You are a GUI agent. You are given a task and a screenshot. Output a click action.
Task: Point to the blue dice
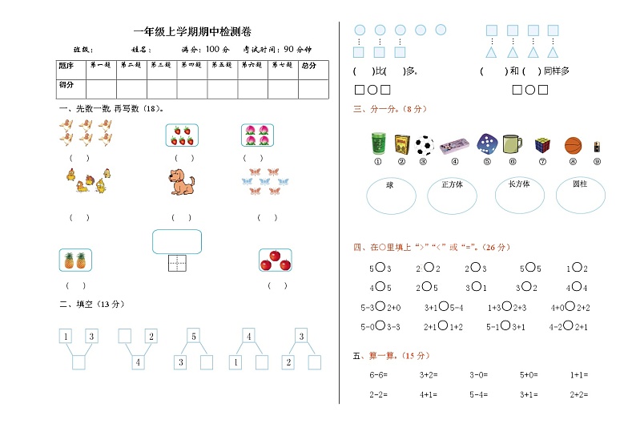(486, 144)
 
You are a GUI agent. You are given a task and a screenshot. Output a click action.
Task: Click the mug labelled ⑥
(512, 144)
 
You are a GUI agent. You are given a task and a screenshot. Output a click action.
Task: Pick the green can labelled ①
(378, 143)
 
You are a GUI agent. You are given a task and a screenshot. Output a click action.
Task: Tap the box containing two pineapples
(74, 260)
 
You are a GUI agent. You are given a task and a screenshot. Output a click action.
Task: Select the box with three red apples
(276, 260)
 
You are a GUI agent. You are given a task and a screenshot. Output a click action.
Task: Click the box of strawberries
(182, 136)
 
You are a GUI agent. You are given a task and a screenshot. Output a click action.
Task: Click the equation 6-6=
(378, 374)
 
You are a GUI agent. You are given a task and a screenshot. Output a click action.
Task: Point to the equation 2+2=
(578, 394)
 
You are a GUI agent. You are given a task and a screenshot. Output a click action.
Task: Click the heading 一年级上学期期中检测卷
(193, 32)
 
